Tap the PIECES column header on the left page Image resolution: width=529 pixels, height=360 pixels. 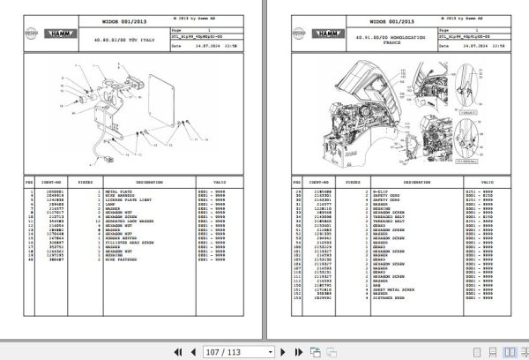[86, 184]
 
